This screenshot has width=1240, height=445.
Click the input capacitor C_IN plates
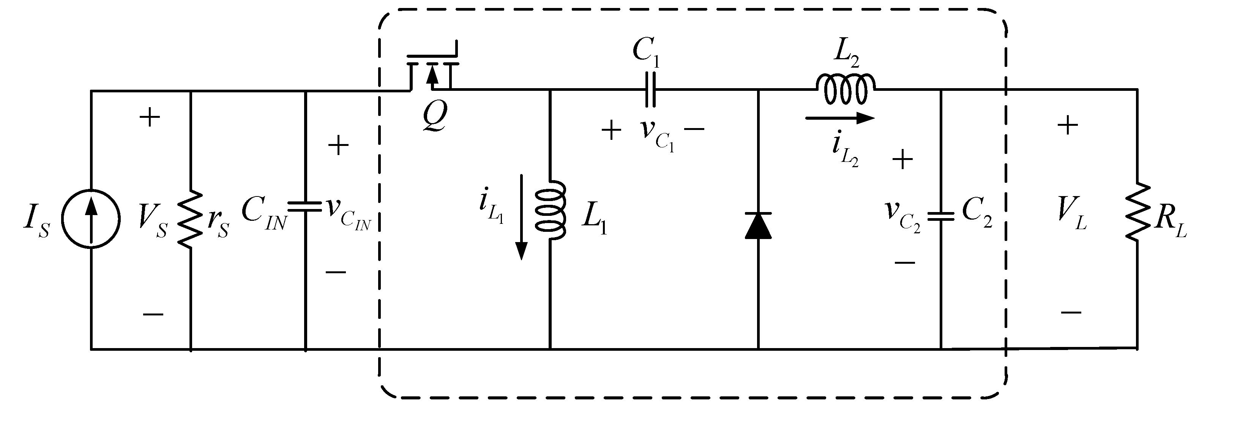[305, 207]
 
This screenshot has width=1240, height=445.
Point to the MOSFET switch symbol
[432, 70]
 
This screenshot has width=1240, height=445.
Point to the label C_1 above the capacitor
[646, 51]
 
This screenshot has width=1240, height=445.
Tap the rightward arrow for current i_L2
[839, 118]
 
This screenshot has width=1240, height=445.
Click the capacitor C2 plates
[940, 217]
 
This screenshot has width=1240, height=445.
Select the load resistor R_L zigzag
[1137, 212]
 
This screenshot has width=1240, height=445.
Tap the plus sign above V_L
[1067, 125]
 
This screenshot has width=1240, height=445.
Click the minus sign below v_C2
[904, 263]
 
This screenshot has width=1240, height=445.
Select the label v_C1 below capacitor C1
[657, 133]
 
